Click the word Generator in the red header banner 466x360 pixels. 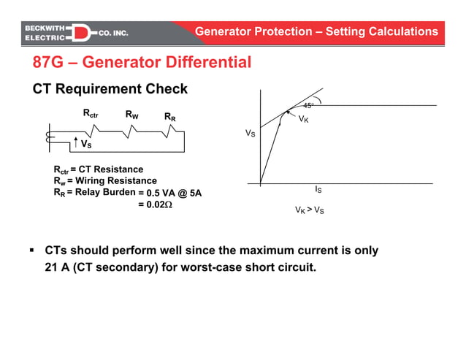coord(224,31)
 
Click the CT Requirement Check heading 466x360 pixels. coord(110,89)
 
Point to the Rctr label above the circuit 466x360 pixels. coord(90,114)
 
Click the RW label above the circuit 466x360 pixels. coord(132,115)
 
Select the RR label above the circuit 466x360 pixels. coord(169,116)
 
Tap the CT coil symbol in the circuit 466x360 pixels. coord(49,137)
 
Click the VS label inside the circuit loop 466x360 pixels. coord(85,145)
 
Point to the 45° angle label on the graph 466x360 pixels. coord(309,106)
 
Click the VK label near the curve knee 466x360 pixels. coord(303,118)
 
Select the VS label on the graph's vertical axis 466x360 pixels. coord(250,134)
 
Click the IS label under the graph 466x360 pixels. coord(318,189)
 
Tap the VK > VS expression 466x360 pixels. coord(309,210)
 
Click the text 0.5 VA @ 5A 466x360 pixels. coord(169,193)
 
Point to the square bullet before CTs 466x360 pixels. coord(32,250)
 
